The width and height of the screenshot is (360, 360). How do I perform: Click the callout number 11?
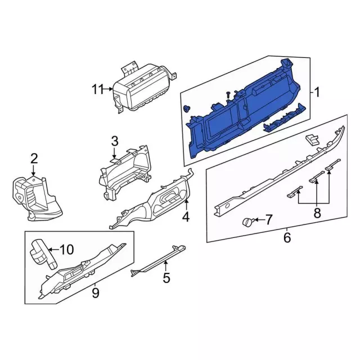tap(98, 89)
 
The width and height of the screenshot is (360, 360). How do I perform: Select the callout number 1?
tap(317, 92)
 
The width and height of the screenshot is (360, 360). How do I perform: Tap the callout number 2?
tap(34, 159)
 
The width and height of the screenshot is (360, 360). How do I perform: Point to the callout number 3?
tap(115, 141)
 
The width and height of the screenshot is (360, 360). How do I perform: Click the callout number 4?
tap(186, 217)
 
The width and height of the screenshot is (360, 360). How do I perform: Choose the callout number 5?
tap(166, 277)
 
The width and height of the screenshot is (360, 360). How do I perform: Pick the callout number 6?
tap(287, 237)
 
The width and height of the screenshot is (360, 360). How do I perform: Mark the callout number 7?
tap(268, 219)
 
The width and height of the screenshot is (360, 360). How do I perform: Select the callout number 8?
tap(317, 213)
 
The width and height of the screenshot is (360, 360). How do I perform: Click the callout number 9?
tap(95, 292)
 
